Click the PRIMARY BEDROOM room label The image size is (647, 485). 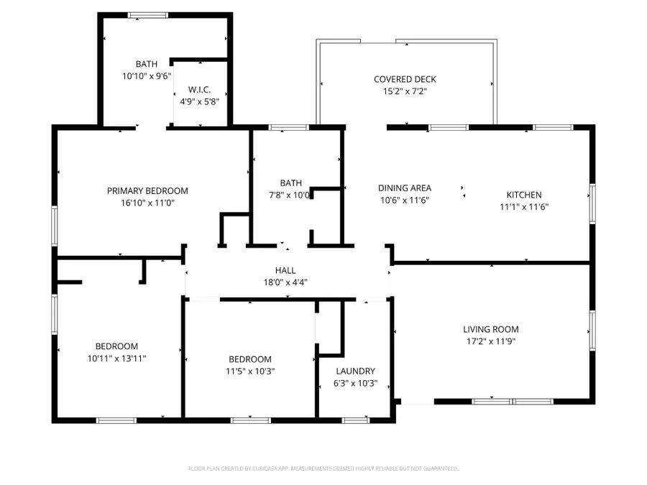click(147, 190)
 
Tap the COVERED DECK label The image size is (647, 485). click(405, 79)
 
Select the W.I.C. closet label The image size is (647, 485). click(199, 89)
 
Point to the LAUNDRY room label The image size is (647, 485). click(356, 371)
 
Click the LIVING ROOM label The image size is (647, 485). click(491, 329)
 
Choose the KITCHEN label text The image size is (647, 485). click(524, 195)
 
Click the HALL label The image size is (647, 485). click(285, 270)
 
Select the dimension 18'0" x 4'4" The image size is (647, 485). click(285, 282)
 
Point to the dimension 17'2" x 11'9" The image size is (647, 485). click(491, 341)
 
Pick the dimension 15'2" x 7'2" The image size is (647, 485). click(405, 91)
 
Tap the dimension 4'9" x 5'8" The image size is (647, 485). click(199, 101)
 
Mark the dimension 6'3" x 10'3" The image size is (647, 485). click(356, 383)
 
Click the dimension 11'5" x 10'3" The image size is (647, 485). click(250, 371)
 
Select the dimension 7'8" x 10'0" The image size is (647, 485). click(290, 195)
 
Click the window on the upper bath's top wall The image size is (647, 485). click(149, 14)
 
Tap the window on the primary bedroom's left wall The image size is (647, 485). click(54, 226)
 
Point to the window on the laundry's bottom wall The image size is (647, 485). click(354, 420)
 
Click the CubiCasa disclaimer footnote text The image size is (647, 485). click(323, 468)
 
